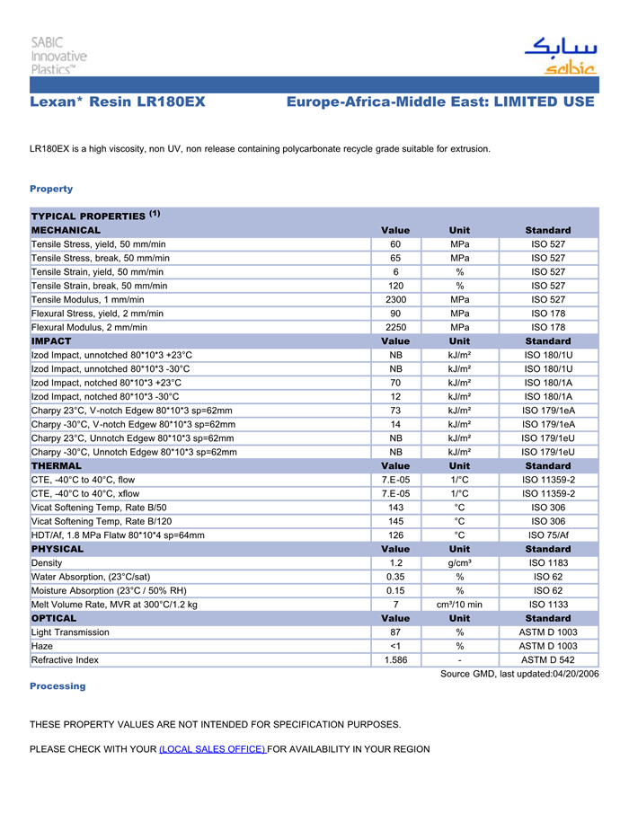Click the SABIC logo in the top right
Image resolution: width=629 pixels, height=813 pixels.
[x=560, y=56]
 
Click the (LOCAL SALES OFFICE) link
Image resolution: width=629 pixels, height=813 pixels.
[x=212, y=749]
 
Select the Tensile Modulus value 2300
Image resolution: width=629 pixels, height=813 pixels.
[x=395, y=299]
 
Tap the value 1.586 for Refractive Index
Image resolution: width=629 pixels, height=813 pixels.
[x=395, y=660]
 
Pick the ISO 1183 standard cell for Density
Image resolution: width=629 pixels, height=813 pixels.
[x=548, y=563]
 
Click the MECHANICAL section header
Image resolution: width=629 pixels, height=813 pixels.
[x=66, y=231]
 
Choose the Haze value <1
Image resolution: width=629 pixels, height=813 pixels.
[x=395, y=647]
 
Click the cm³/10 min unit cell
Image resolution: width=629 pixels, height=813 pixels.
[x=459, y=605]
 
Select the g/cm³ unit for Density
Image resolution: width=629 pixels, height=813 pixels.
[x=459, y=563]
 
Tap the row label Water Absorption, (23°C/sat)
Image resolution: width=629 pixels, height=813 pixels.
[x=91, y=577]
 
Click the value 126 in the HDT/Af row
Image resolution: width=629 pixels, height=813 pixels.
[x=395, y=535]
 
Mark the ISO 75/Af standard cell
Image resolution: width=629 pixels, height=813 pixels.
[x=548, y=535]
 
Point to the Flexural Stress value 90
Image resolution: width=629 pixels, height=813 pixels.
[x=395, y=314]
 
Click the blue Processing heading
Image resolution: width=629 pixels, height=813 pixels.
[x=58, y=686]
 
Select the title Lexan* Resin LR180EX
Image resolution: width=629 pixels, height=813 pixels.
[x=118, y=102]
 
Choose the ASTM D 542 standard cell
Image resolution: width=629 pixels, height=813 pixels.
[x=548, y=660]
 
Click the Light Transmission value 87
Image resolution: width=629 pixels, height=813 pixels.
[x=395, y=632]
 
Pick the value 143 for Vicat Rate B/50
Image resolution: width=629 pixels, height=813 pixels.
[x=395, y=508]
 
